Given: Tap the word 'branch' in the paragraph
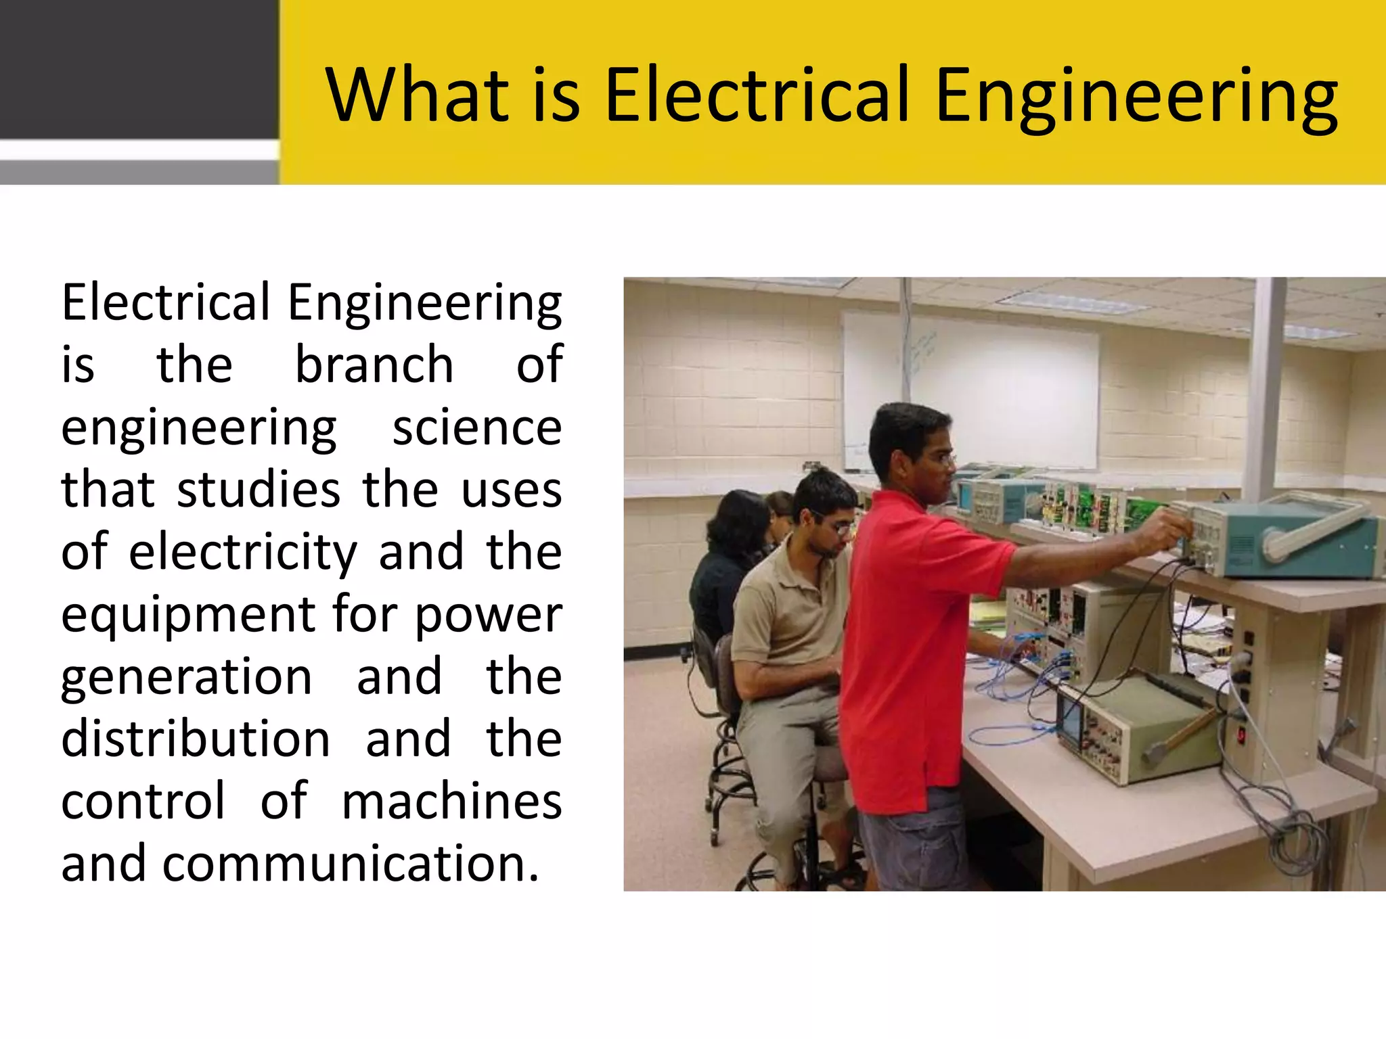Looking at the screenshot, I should [x=374, y=365].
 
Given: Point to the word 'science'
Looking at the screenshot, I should [x=477, y=428].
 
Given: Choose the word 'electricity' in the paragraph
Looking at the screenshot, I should [x=242, y=552].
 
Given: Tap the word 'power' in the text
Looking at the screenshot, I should [x=488, y=616].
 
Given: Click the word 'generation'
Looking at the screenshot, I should [x=187, y=677].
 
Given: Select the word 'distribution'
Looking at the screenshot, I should [x=196, y=739].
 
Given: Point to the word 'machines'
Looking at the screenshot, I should [x=451, y=801].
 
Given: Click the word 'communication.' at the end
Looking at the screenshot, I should [x=350, y=864].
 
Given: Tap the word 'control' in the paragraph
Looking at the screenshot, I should [x=143, y=801].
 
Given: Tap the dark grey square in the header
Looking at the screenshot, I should [x=139, y=68].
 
